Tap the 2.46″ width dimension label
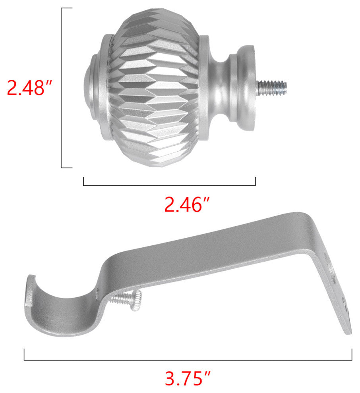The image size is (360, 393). [x=187, y=204]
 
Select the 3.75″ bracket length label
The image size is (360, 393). [x=188, y=378]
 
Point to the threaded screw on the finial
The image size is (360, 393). [x=272, y=88]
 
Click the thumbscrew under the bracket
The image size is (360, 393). [x=127, y=299]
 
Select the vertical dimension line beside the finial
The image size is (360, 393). [x=62, y=88]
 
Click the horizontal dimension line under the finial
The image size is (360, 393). [x=169, y=185]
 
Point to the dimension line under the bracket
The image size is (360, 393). [x=188, y=360]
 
